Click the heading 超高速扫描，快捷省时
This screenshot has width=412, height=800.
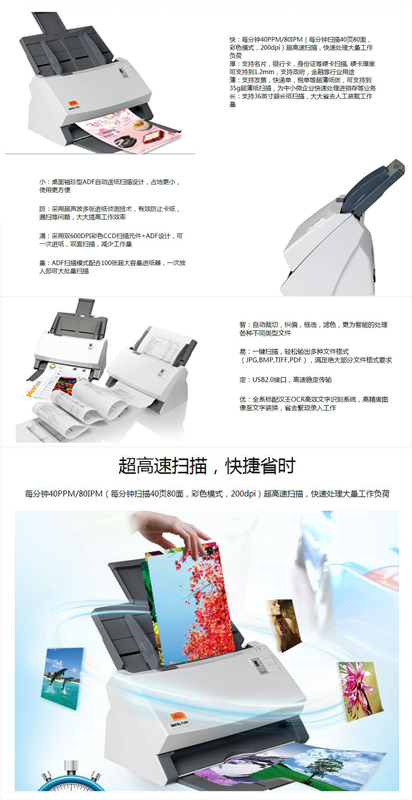point(206,466)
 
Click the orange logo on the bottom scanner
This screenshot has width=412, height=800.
point(177,718)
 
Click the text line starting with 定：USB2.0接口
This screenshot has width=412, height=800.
point(285,380)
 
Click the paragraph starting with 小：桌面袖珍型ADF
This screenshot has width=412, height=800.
point(109,186)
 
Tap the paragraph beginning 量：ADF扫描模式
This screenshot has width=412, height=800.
point(112,266)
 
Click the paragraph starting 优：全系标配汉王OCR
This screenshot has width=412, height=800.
point(313,403)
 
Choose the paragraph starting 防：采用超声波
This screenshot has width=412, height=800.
point(109,213)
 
